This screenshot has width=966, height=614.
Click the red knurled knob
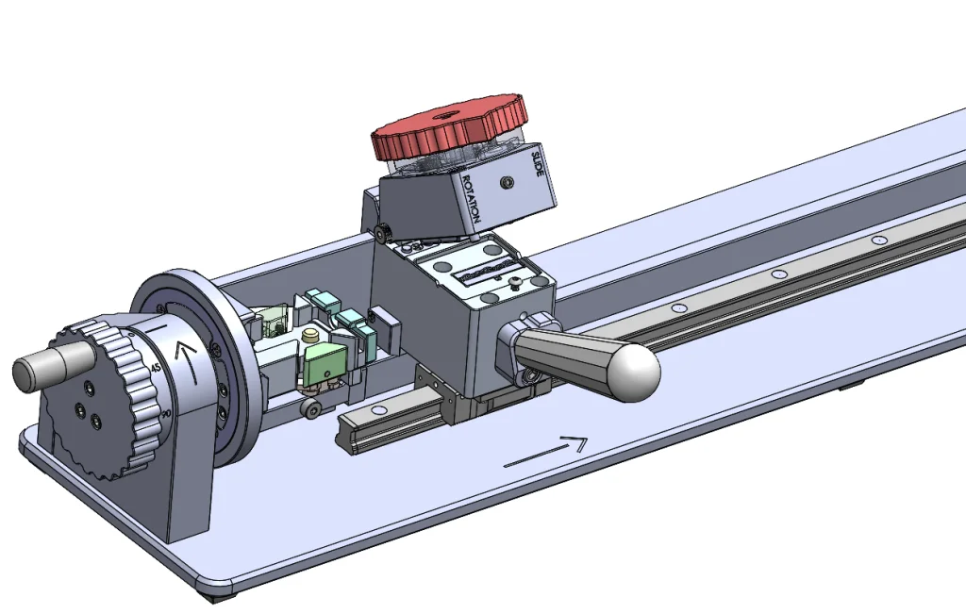click(x=448, y=132)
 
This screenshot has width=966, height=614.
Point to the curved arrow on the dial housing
click(x=190, y=362)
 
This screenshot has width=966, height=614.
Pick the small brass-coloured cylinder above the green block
click(x=308, y=336)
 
